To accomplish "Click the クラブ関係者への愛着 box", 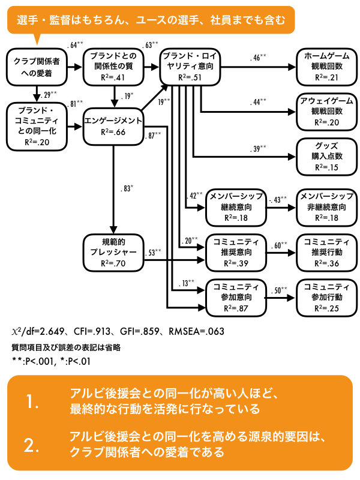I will pyautogui.click(x=35, y=67).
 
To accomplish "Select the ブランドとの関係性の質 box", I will pyautogui.click(x=113, y=67).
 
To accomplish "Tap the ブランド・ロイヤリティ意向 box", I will pyautogui.click(x=189, y=67).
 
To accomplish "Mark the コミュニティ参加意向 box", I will pyautogui.click(x=235, y=297).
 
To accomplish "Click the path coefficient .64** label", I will pyautogui.click(x=76, y=45).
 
